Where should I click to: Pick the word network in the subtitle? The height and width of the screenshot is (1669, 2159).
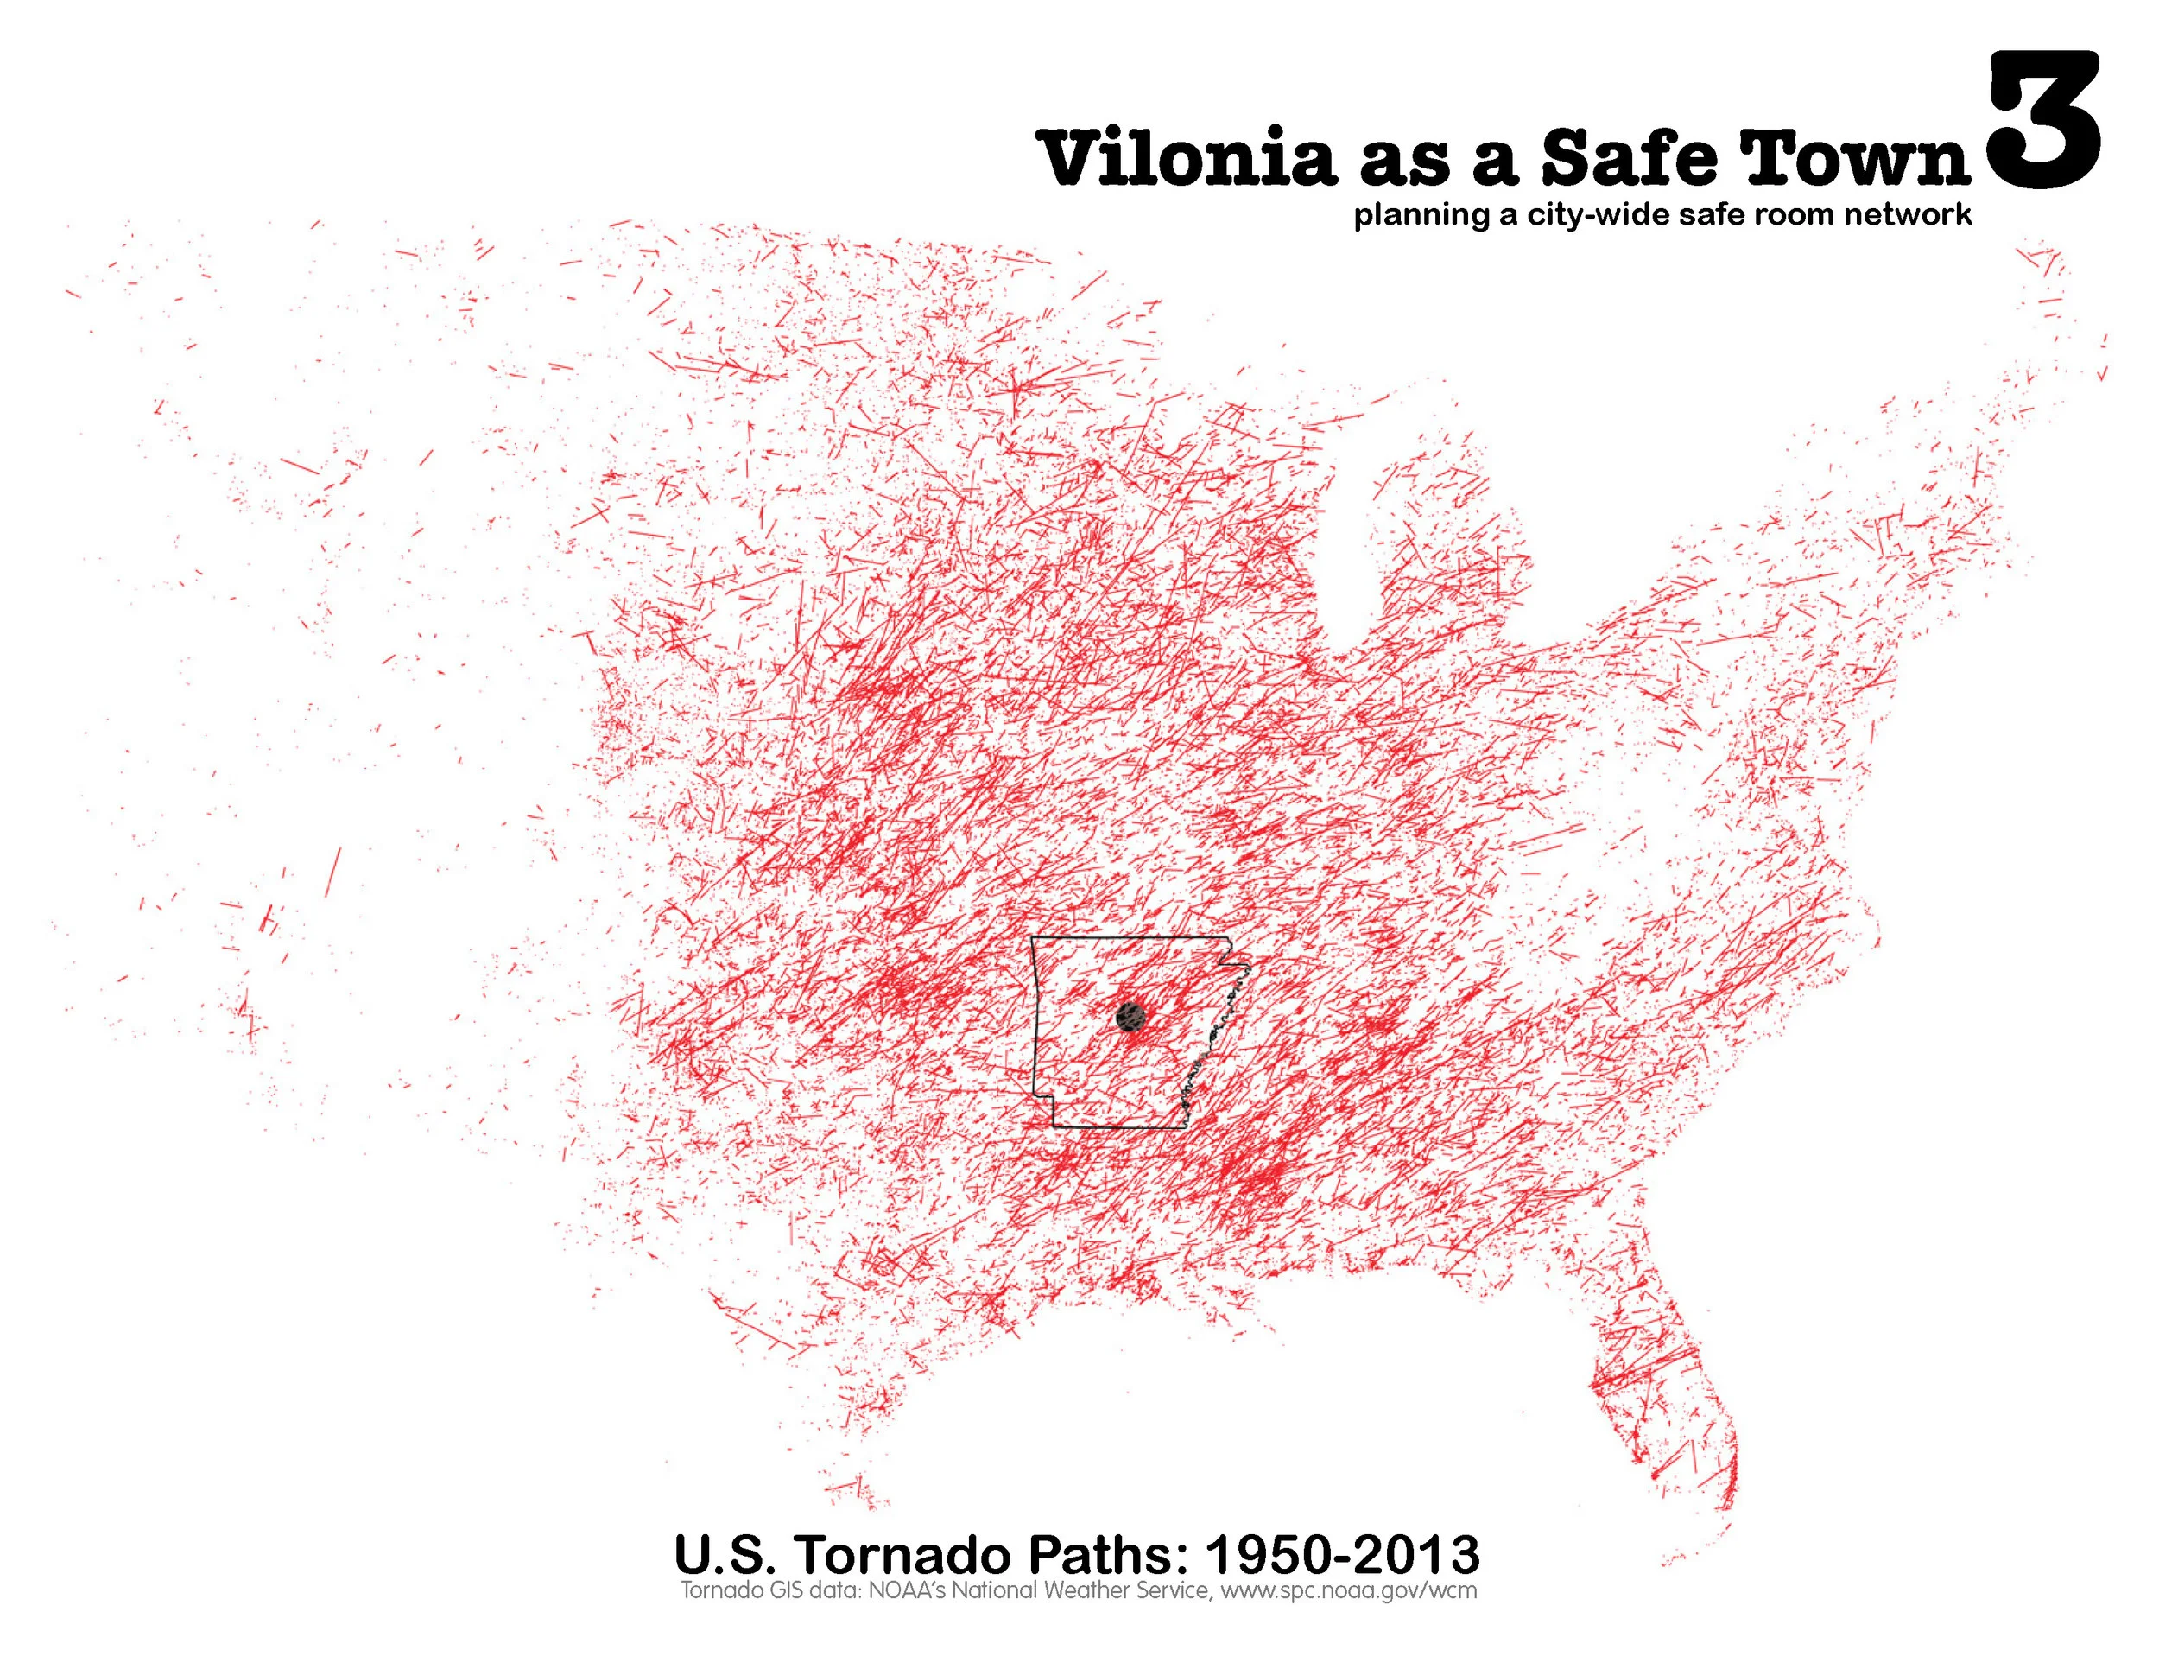1907,214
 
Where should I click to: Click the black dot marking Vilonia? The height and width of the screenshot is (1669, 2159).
1130,1015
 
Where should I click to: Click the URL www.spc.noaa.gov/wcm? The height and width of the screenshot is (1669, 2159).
1348,1591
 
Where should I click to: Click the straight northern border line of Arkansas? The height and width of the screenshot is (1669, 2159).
1127,937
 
